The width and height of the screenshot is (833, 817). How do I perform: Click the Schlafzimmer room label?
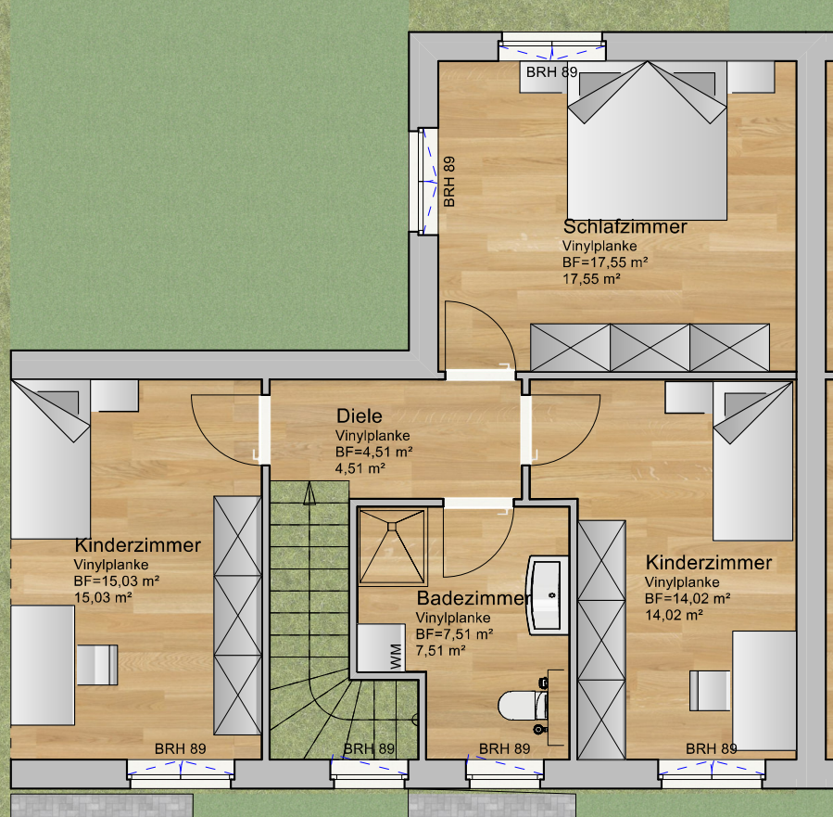625,227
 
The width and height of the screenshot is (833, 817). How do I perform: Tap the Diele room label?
360,415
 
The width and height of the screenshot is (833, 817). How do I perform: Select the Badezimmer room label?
473,598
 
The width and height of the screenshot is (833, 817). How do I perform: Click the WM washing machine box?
382,647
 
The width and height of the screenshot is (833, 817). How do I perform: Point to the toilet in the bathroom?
524,705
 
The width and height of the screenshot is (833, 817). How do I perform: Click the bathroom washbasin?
548,594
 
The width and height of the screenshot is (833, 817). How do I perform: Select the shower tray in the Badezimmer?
393,547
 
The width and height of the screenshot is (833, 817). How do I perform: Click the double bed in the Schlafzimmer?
647,141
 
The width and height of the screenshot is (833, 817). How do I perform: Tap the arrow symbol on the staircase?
309,493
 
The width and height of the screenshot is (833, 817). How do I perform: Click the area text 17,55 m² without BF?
591,278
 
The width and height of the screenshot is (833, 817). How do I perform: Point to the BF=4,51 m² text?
374,452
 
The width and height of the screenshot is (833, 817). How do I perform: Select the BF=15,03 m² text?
117,581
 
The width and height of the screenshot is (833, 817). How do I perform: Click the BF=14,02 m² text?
688,598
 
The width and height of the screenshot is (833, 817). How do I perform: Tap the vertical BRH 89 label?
448,181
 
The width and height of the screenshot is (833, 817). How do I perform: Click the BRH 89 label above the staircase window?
369,748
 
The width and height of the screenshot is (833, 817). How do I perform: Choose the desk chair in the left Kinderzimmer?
97,665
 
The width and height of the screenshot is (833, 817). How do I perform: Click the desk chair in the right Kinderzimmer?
710,691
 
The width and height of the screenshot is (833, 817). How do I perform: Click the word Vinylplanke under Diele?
372,435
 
